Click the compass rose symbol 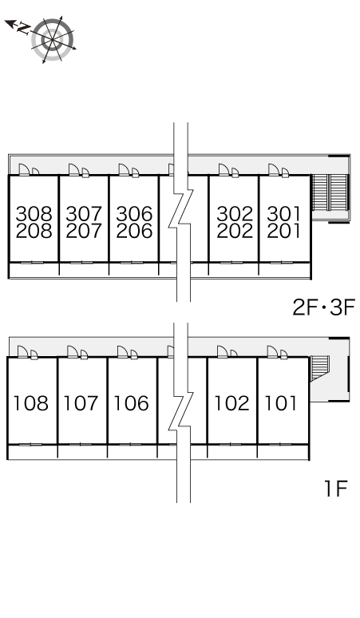coord(53,39)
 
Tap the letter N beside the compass coord(24,28)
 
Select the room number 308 coord(34,214)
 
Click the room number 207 coord(84,231)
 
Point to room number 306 coord(134,214)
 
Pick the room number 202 coord(235,231)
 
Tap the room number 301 coord(283,214)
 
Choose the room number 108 coord(30,403)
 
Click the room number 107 coord(81,403)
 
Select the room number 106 coord(131,403)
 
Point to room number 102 coord(231,403)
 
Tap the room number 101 coord(280,403)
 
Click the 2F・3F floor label coord(324,307)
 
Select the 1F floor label coord(335,489)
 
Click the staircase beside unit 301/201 coord(330,193)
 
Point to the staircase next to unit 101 coord(319,368)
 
